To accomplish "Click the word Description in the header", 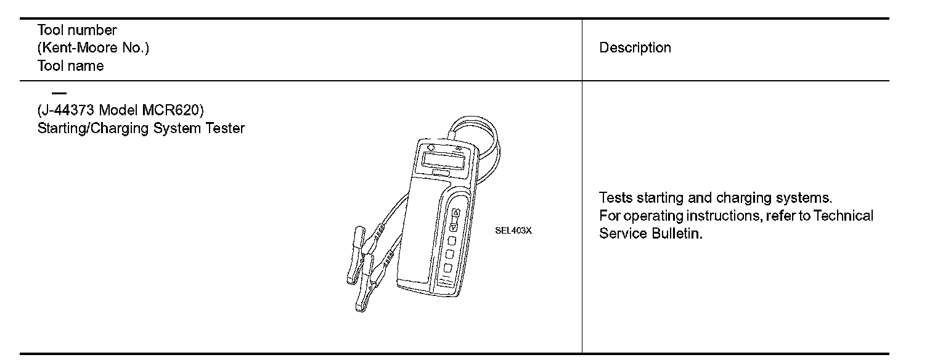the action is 635,48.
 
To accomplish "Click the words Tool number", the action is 77,30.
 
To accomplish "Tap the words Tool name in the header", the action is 70,66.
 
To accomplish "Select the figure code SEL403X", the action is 513,232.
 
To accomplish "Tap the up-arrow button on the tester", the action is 455,213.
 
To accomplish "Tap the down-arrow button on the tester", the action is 454,226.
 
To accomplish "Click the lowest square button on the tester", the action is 447,268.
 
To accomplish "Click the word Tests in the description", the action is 615,198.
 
